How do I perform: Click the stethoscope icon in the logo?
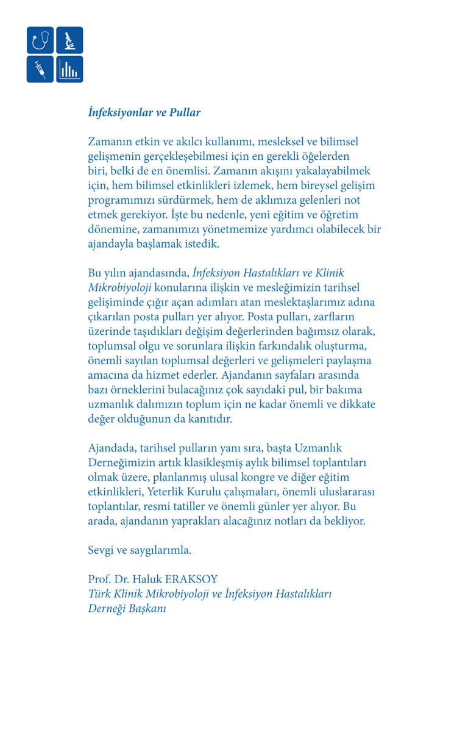click(x=40, y=40)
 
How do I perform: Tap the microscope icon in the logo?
click(x=69, y=40)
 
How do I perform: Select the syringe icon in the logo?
click(x=40, y=70)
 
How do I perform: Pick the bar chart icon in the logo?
click(x=69, y=70)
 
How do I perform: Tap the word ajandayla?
click(x=111, y=244)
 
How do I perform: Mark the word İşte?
click(x=240, y=215)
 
